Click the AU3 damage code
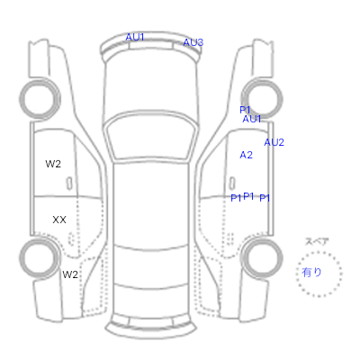[x=193, y=42]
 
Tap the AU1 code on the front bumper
[x=135, y=37]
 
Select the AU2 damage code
[x=274, y=142]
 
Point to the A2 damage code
[x=247, y=155]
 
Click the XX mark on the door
[x=59, y=220]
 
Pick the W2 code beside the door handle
[x=53, y=164]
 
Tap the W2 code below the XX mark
[x=70, y=274]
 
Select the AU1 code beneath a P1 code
[x=252, y=119]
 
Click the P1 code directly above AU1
[x=245, y=110]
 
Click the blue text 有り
[x=311, y=273]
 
